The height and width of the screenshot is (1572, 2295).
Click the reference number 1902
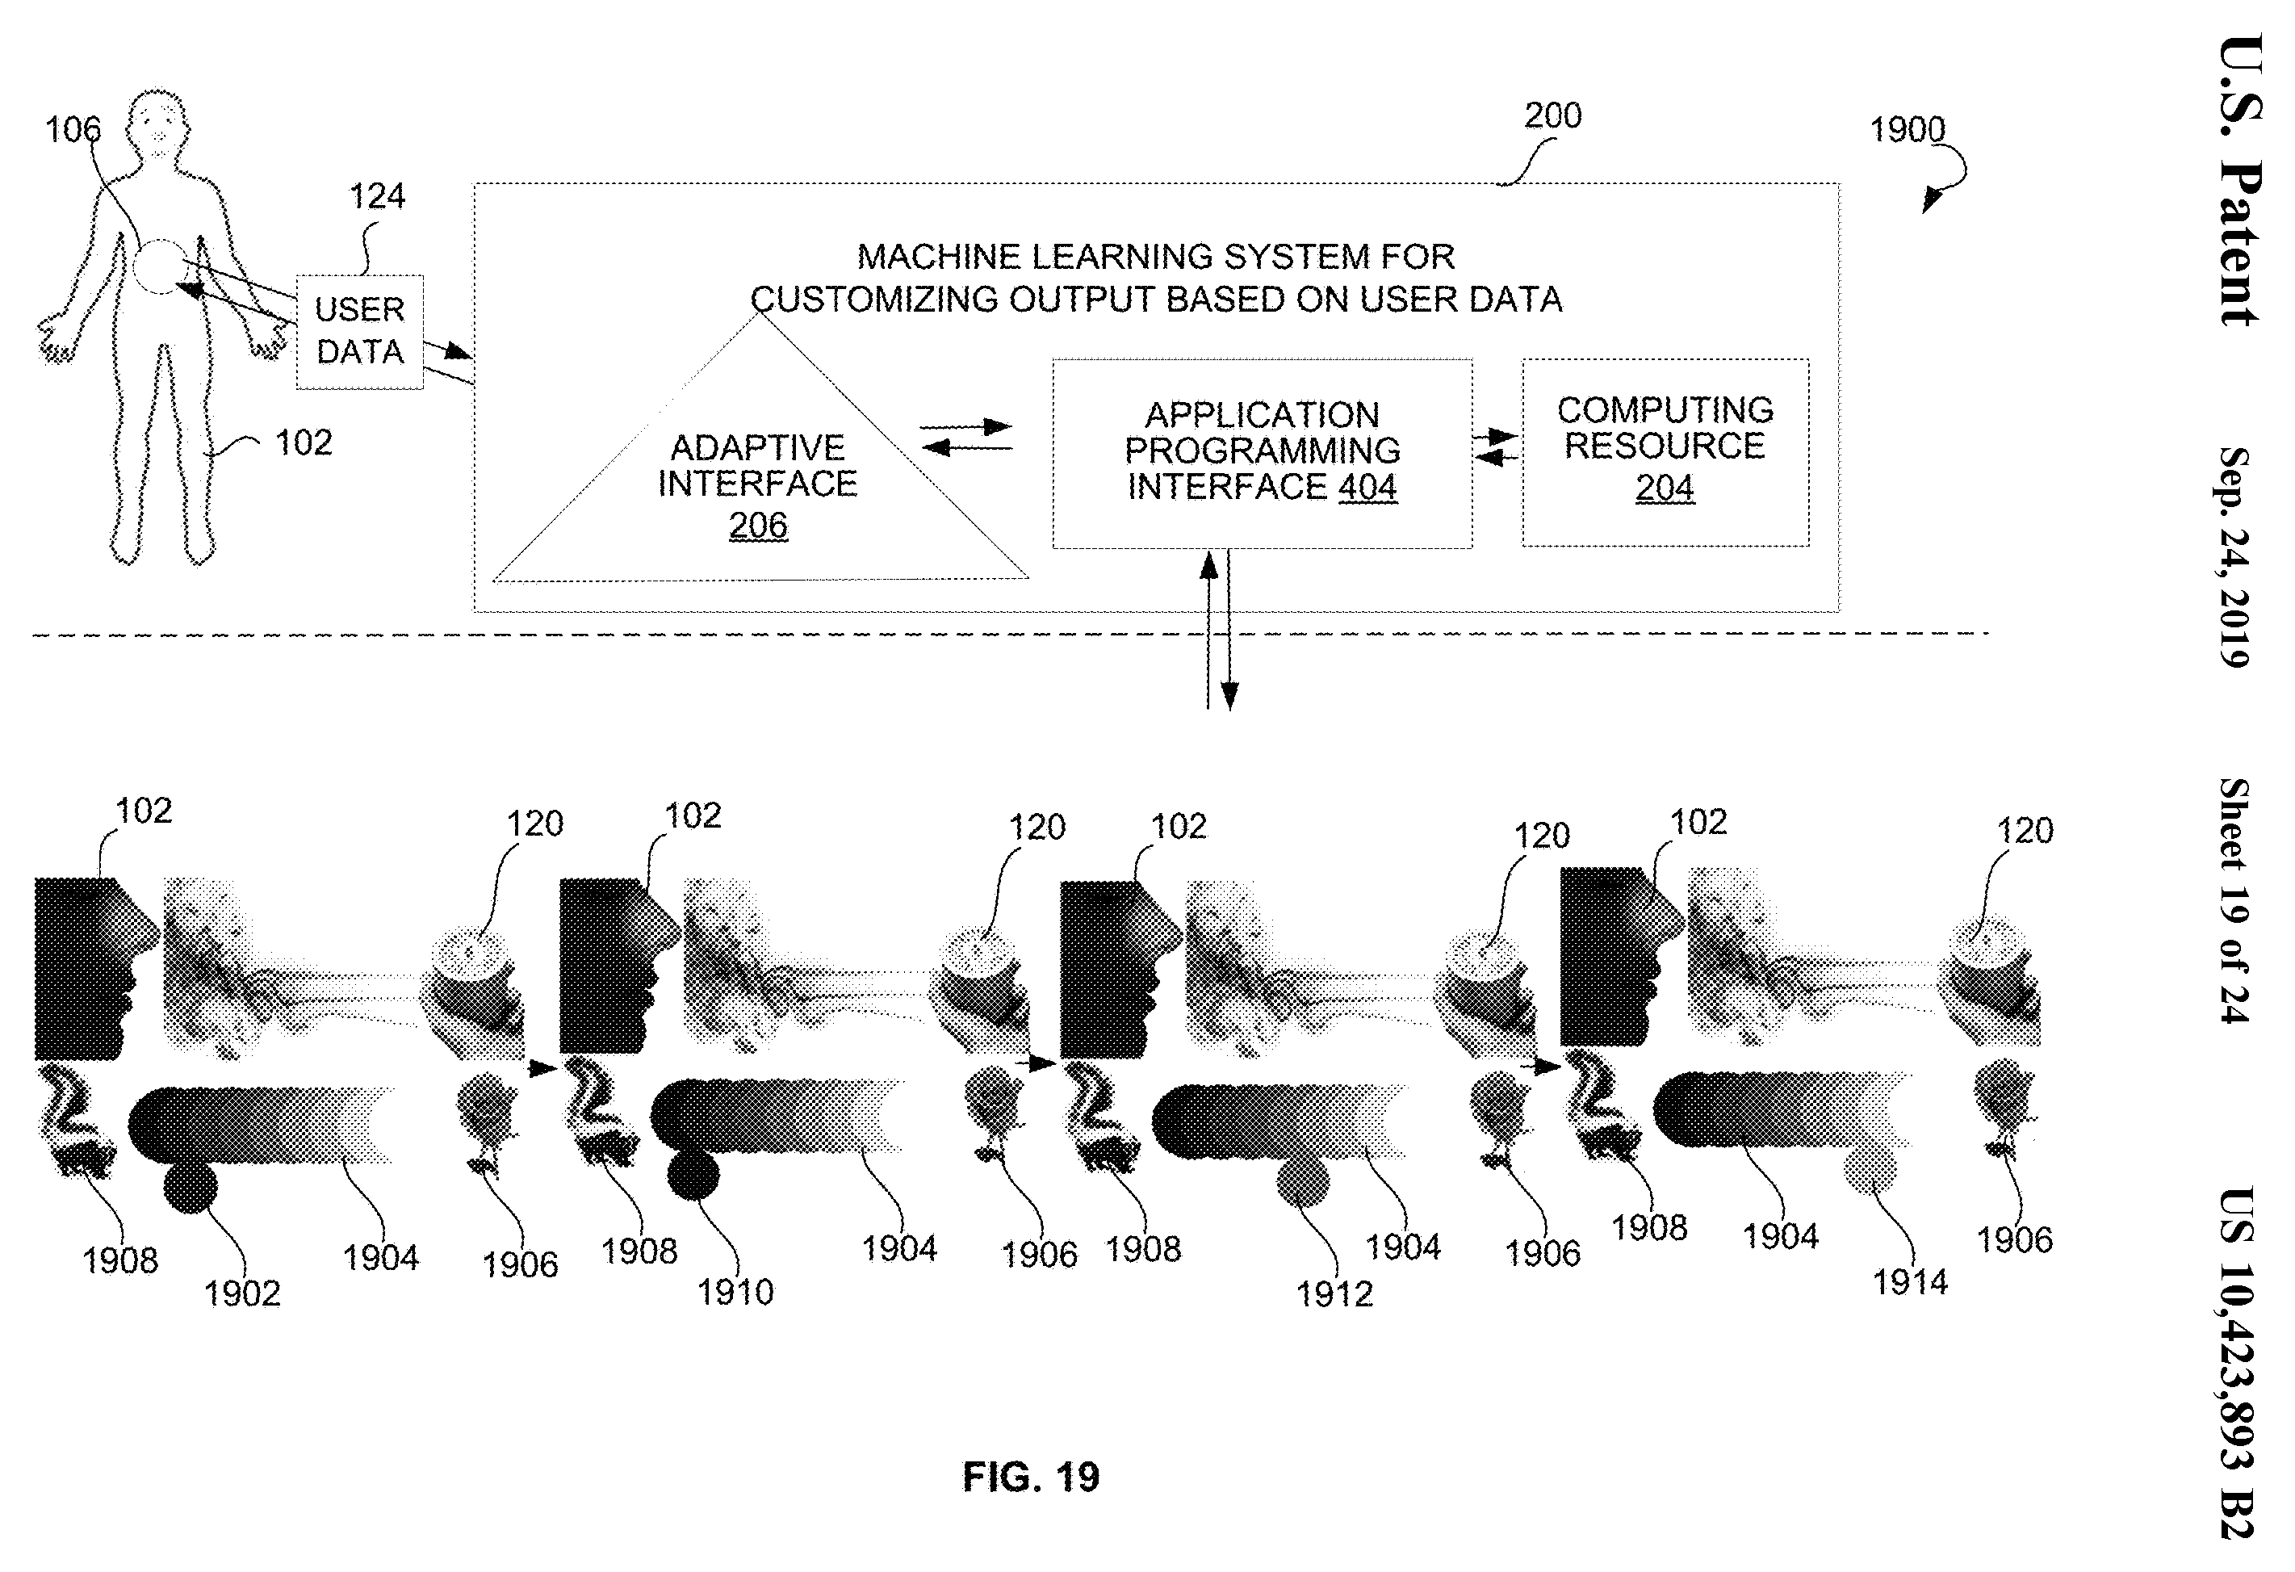point(242,1293)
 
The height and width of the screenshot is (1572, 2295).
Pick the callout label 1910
point(735,1293)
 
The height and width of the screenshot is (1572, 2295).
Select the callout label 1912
point(1334,1294)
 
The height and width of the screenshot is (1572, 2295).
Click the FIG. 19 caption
point(1031,1478)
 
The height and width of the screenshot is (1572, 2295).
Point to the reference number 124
point(377,196)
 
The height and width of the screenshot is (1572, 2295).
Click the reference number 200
point(1552,115)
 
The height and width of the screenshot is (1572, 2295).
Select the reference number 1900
point(1907,129)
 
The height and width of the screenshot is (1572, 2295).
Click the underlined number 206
point(759,526)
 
